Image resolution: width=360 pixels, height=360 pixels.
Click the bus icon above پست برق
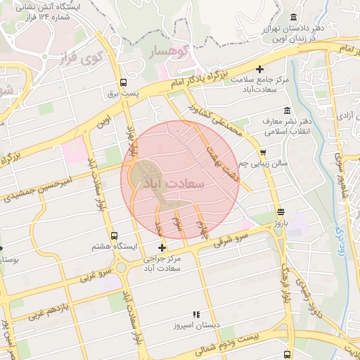(124, 82)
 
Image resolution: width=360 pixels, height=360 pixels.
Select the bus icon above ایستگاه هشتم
(115, 236)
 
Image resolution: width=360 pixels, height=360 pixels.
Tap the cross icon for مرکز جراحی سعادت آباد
(162, 247)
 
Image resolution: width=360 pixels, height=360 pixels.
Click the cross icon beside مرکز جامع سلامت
(260, 69)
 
